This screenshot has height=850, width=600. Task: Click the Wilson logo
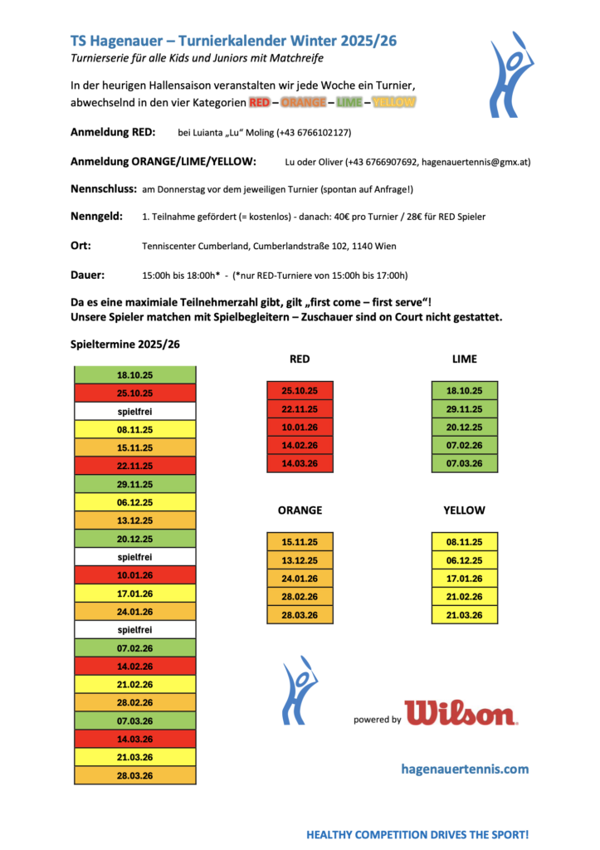pos(461,713)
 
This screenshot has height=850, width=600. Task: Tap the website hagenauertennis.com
pos(464,769)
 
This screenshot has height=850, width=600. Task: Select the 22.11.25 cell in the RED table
pos(300,408)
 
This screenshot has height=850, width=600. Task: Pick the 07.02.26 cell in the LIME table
pos(465,445)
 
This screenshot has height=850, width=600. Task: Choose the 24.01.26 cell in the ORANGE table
pos(300,579)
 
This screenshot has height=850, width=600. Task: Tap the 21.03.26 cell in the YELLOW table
pos(465,615)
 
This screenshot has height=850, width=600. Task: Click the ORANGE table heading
pos(300,510)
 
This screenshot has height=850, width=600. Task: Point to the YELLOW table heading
pos(465,510)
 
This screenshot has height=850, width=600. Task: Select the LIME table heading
pos(465,359)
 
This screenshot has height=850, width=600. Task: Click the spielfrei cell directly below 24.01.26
pos(134,630)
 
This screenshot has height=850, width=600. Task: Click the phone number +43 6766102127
pos(311,133)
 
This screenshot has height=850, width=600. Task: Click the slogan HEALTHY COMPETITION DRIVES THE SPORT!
pos(417,833)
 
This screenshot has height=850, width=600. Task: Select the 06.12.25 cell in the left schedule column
pos(134,502)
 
